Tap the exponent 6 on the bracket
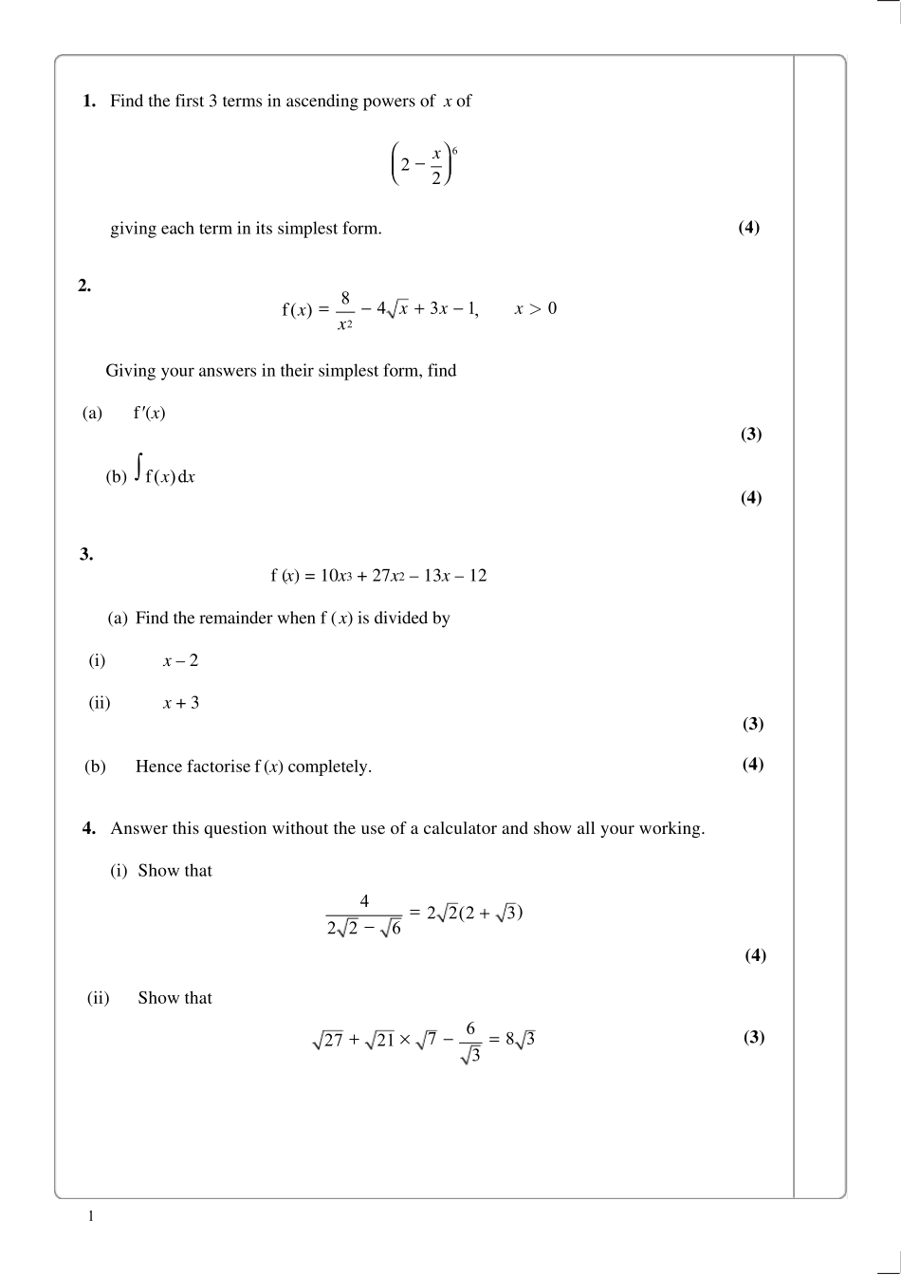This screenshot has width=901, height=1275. [455, 151]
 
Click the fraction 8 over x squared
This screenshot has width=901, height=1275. [345, 311]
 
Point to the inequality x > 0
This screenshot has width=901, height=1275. [536, 308]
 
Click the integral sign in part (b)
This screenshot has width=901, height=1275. [138, 467]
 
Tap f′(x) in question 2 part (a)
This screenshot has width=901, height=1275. [150, 413]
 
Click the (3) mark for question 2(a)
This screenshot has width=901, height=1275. [751, 434]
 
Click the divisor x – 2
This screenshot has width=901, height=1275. [180, 660]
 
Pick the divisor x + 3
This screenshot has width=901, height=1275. [181, 703]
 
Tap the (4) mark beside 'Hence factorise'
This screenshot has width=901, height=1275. [753, 765]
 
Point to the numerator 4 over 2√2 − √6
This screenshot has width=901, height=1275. [364, 901]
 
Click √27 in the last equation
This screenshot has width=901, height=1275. [327, 1040]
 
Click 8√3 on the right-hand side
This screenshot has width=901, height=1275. [520, 1040]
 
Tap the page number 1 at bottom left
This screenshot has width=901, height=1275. [90, 1216]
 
